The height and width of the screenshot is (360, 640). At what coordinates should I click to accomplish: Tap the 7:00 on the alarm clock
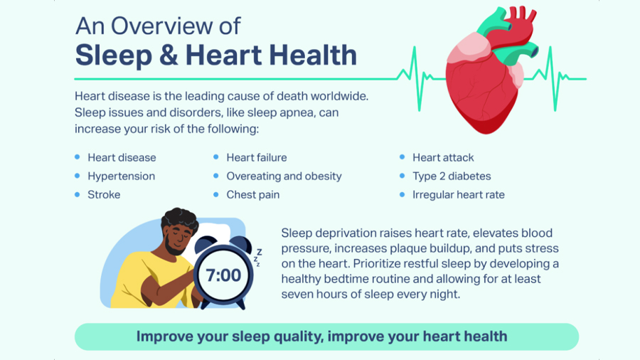coord(223,275)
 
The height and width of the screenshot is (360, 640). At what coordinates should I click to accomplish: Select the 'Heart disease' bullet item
coord(122,157)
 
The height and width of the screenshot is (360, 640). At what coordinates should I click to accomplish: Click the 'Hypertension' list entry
coord(121,176)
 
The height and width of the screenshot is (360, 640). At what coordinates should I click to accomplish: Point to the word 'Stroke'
coord(104,195)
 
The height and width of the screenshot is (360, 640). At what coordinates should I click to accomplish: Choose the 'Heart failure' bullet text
coord(256,157)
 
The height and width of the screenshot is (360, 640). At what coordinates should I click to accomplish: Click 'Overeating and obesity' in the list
coord(284,176)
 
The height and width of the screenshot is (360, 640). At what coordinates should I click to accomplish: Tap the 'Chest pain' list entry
coord(253,195)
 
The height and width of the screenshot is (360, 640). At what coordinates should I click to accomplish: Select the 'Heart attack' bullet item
coord(443,157)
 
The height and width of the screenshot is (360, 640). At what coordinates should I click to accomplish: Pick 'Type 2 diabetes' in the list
coord(452,176)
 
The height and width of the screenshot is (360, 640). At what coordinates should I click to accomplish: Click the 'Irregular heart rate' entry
coord(459,195)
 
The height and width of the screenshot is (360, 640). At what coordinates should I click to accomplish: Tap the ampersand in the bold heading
coord(168,55)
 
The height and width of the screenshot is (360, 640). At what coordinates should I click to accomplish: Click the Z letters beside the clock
coord(257,258)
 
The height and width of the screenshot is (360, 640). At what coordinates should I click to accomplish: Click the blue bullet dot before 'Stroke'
coord(77,195)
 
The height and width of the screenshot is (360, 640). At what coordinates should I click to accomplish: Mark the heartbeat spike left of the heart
coord(415,78)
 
